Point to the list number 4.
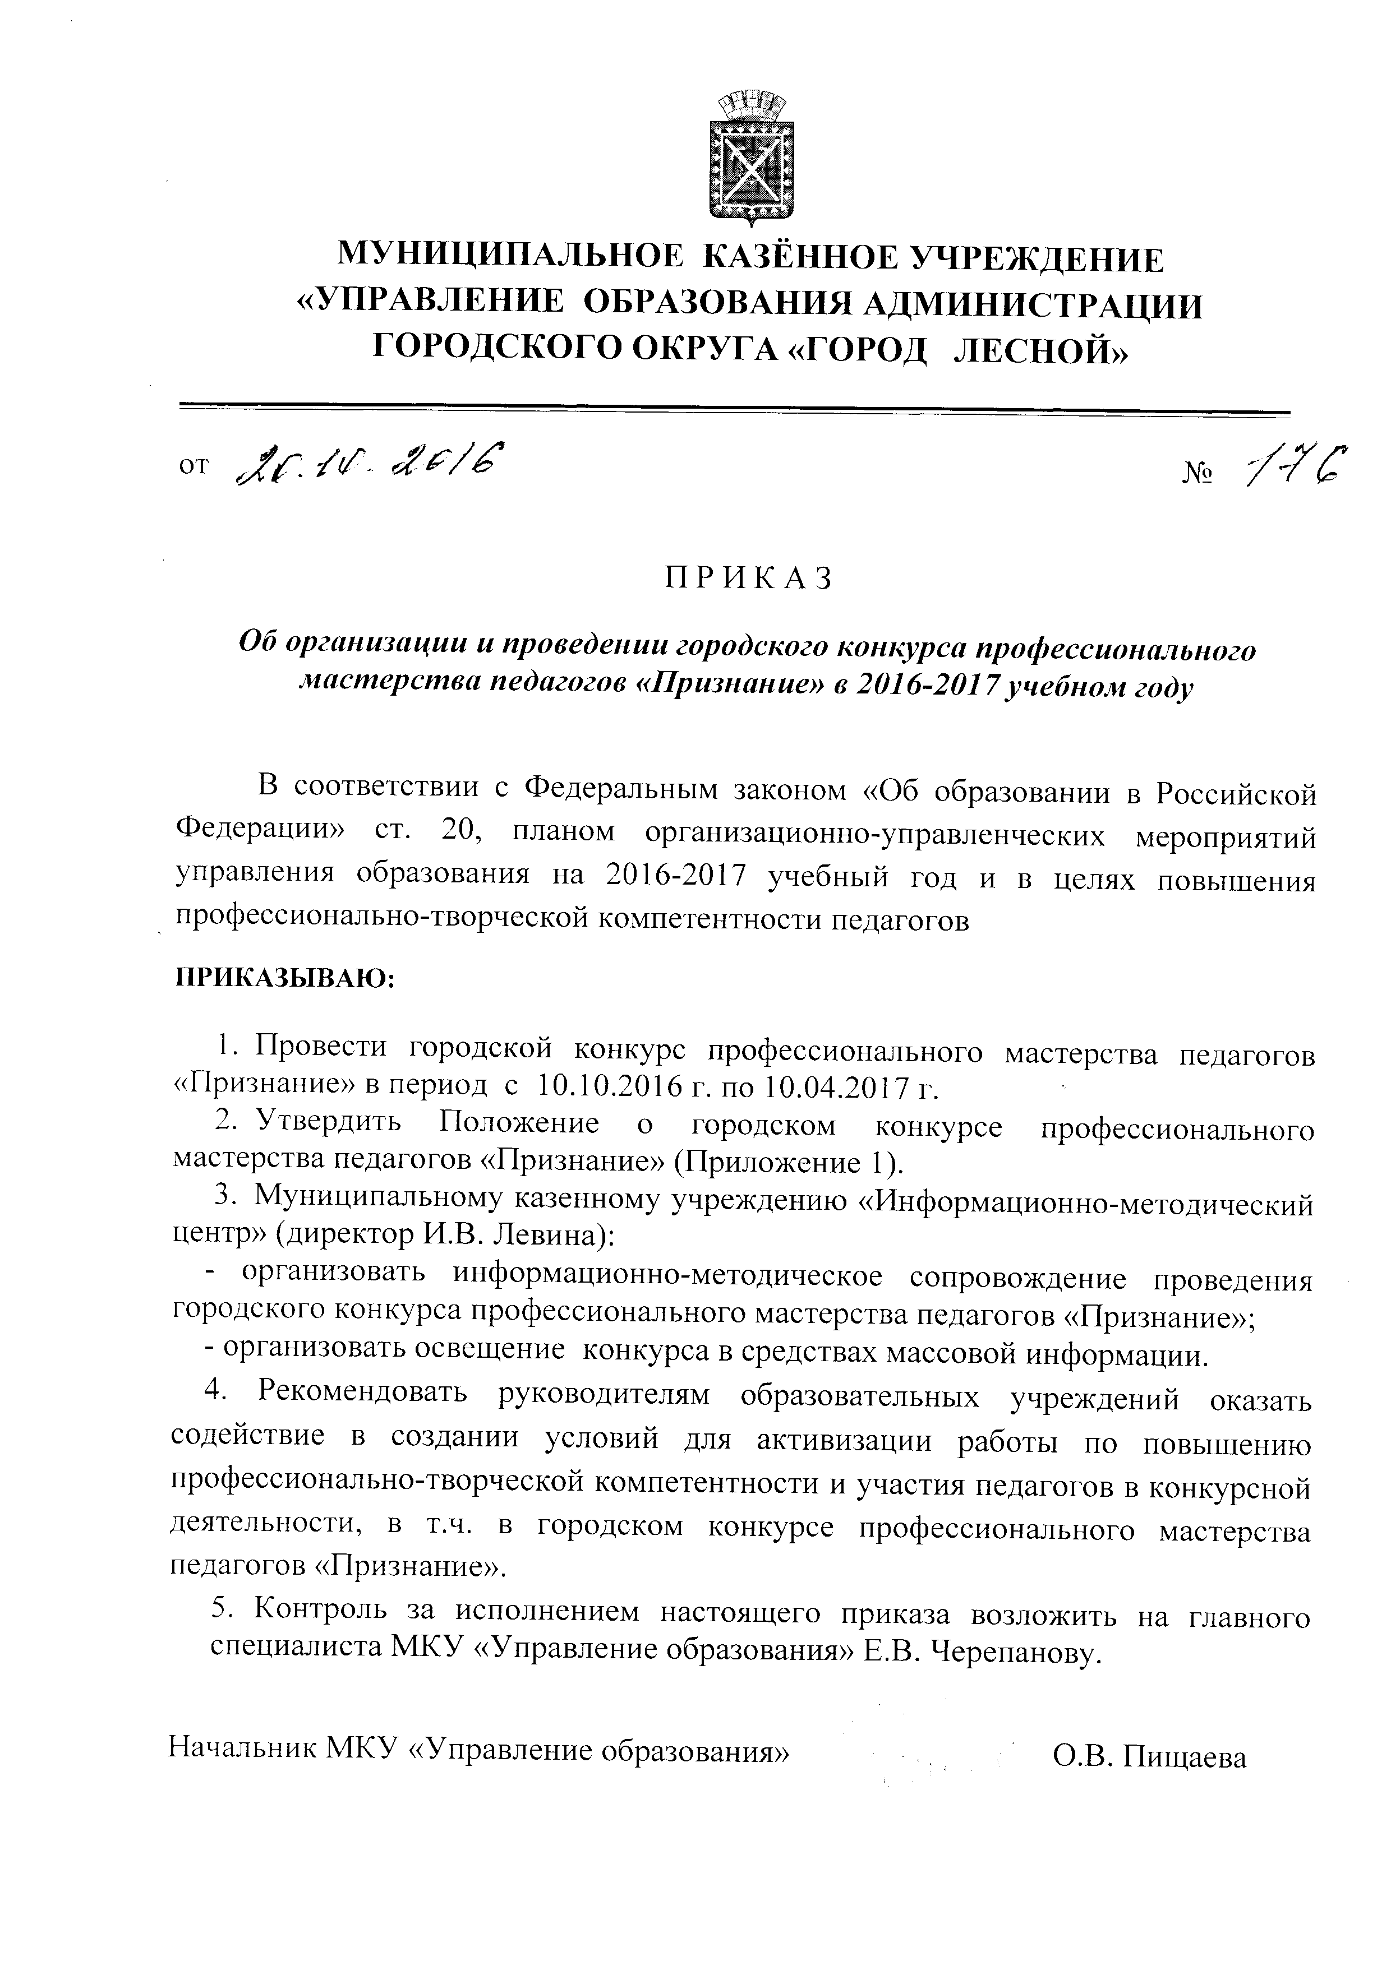pyautogui.click(x=214, y=1391)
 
